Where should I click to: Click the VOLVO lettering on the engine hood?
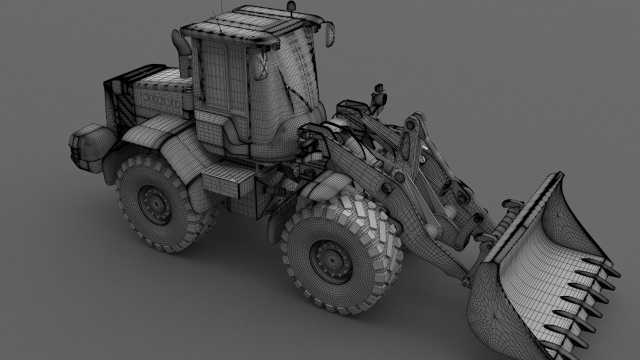[x=161, y=100]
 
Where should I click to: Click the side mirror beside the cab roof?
[x=330, y=34]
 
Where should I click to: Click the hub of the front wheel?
[x=331, y=261]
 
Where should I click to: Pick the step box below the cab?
[x=227, y=179]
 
